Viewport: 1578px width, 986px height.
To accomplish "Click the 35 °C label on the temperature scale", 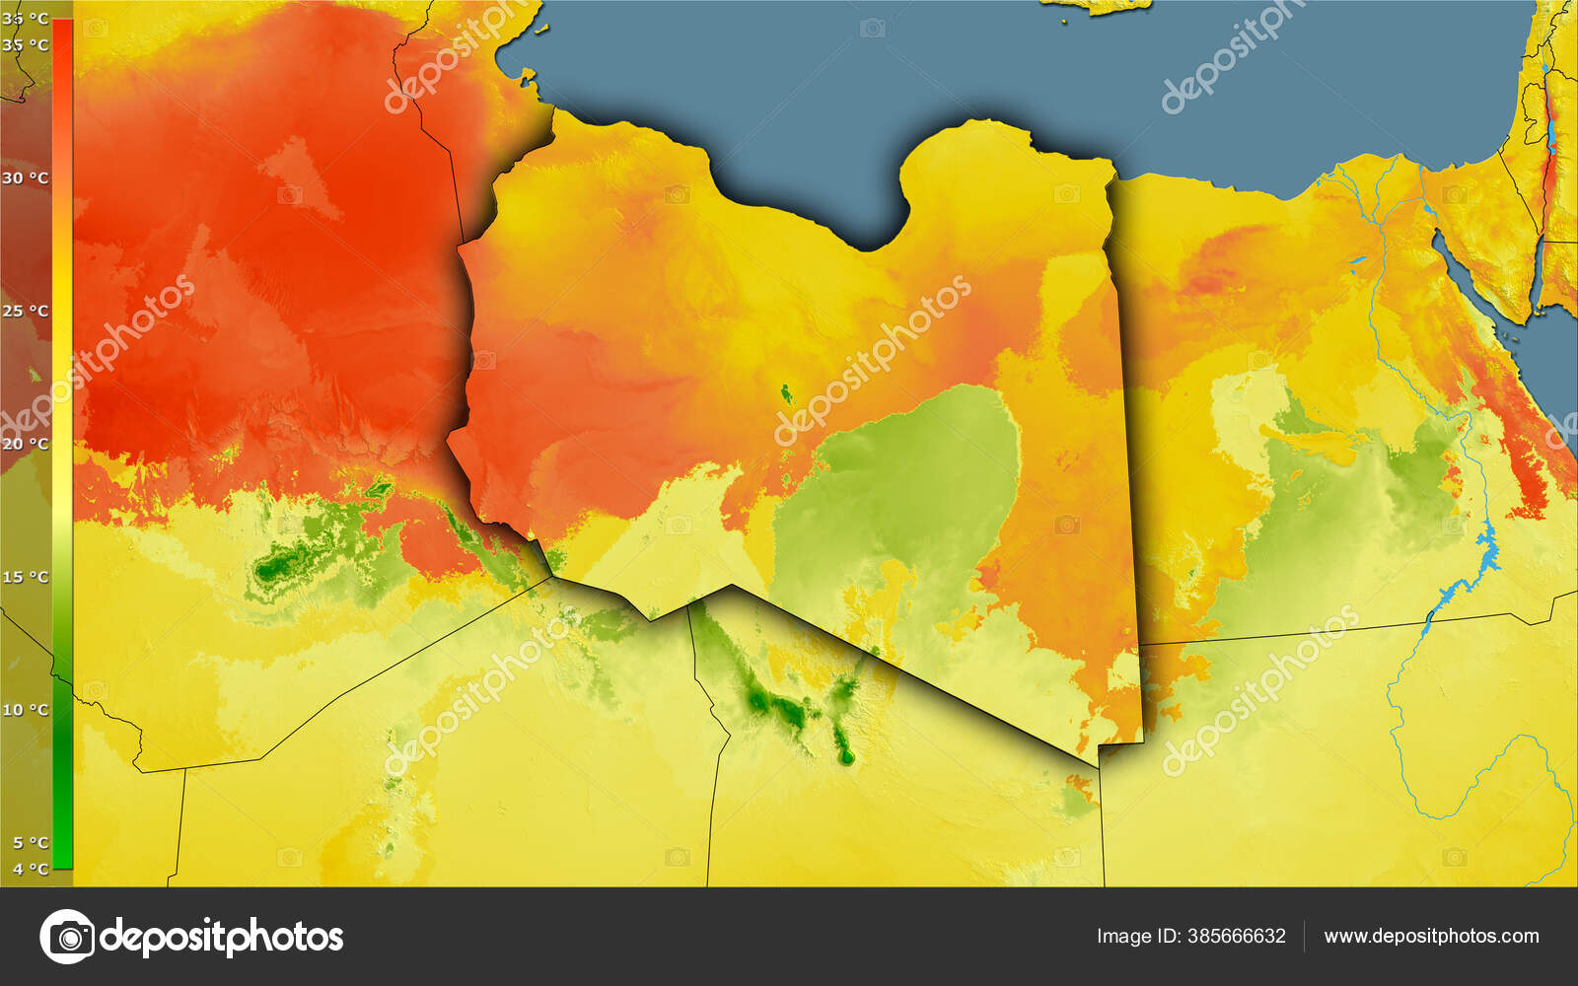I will click(x=26, y=44).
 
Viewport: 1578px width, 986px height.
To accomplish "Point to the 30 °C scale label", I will click(x=26, y=178).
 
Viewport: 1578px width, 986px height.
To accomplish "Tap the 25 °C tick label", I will click(x=26, y=312).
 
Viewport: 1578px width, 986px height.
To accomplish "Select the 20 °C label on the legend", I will click(x=26, y=444).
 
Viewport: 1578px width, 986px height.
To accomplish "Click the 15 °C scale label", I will click(x=26, y=577).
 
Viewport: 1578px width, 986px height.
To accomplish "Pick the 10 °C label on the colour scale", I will click(x=26, y=710).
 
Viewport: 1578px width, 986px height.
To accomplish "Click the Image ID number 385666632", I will click(x=1237, y=936).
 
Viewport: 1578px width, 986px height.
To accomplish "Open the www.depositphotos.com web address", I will click(x=1431, y=936).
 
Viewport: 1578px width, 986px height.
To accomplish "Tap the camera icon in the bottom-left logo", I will click(x=67, y=936).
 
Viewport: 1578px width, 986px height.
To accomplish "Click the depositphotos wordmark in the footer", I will click(x=222, y=936).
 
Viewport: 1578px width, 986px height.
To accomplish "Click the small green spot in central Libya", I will click(x=786, y=394).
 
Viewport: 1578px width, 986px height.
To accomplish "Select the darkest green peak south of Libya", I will click(x=845, y=756).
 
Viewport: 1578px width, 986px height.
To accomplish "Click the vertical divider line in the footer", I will click(x=1305, y=936).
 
